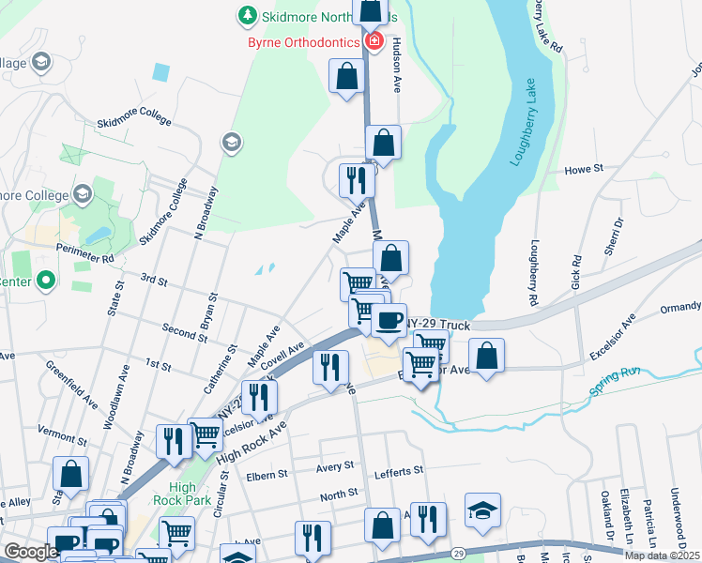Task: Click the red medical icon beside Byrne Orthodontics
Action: click(374, 41)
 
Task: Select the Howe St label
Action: click(583, 171)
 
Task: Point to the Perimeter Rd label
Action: click(84, 252)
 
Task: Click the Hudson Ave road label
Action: click(397, 66)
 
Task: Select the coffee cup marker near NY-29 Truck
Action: click(389, 321)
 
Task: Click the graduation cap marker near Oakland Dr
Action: click(482, 510)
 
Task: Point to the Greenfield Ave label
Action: click(72, 386)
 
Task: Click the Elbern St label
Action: click(267, 476)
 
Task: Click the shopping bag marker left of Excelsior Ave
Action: click(486, 358)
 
